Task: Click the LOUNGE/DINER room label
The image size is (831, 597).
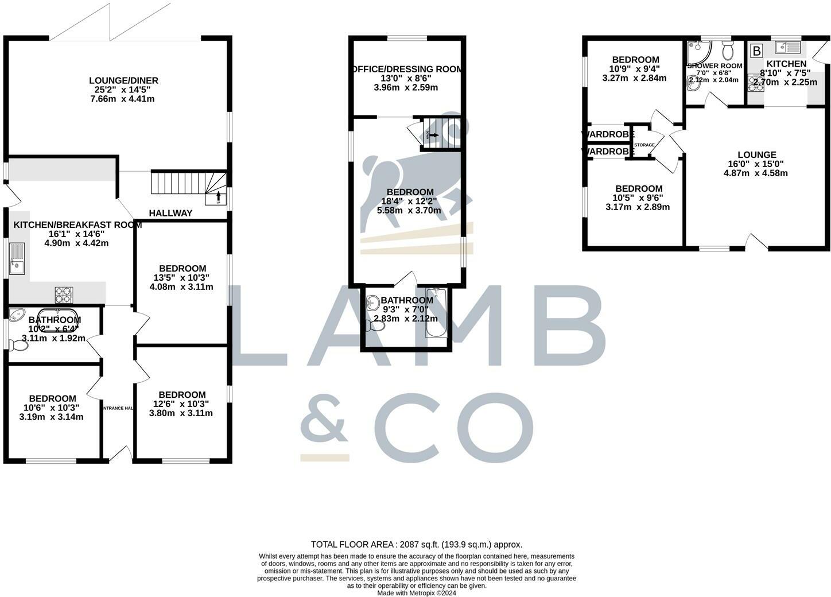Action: tap(123, 80)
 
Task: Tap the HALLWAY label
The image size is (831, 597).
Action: tap(170, 213)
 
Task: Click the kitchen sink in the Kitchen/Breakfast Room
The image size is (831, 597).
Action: tap(17, 259)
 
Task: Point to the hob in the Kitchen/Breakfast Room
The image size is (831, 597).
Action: tap(63, 294)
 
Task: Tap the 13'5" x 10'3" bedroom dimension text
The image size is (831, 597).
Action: tap(182, 277)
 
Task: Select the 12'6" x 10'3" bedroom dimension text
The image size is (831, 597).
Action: tap(182, 404)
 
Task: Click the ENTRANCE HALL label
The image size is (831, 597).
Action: tap(118, 408)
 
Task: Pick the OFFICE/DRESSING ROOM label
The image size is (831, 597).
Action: tap(406, 69)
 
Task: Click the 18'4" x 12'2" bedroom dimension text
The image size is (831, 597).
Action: tap(410, 201)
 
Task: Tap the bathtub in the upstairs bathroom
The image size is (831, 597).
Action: tap(438, 312)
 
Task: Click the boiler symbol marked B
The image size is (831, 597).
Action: tap(756, 51)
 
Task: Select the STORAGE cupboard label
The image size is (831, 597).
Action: tap(644, 145)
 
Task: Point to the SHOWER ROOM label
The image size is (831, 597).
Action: tap(714, 65)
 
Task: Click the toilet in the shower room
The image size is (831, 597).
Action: tap(728, 51)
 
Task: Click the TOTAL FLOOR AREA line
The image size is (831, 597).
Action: tap(416, 544)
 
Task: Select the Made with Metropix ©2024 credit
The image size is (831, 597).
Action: tap(416, 593)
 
